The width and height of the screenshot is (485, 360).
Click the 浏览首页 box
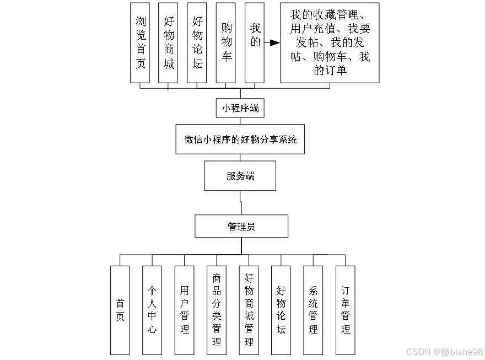coord(140,42)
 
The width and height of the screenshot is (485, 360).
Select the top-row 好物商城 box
coord(168,42)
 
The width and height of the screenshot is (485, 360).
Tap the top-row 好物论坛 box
coord(197,42)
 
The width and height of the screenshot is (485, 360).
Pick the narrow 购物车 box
coord(226,42)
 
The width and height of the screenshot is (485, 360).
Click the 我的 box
coord(255,42)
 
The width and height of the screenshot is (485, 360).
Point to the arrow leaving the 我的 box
coord(272,42)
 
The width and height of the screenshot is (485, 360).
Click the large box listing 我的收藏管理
coord(330,42)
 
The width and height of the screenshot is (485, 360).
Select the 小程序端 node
coord(240,108)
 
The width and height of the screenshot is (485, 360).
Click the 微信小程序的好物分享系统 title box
coord(240,139)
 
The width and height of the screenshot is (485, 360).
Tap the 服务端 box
coord(240,176)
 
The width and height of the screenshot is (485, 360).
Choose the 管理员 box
coord(241,226)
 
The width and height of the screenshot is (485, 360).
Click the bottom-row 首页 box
coord(120,310)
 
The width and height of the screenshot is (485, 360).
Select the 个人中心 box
coord(152,310)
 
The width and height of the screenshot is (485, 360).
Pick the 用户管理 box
coord(184,310)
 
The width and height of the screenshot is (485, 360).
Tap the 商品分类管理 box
coord(217,310)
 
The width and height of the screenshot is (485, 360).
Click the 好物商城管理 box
coord(249,310)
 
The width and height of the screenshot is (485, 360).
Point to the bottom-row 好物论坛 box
coord(281,310)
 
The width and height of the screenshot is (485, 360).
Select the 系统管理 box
coord(313,310)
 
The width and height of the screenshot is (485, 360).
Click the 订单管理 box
coord(346,310)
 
